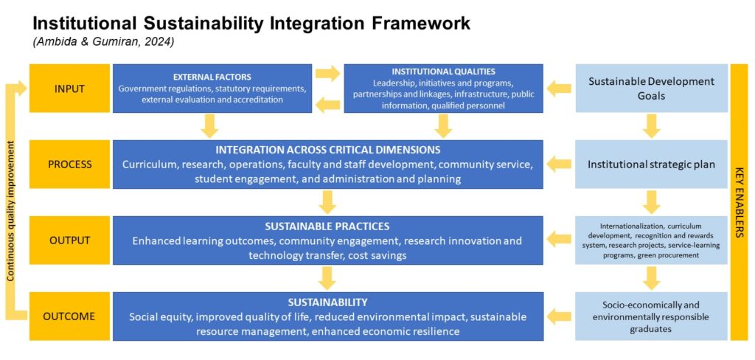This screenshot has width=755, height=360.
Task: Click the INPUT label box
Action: (x=69, y=89)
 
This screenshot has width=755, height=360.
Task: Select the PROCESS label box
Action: (x=69, y=165)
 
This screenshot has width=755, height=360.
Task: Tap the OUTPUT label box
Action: (x=69, y=240)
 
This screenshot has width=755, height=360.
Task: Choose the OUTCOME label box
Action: (x=69, y=316)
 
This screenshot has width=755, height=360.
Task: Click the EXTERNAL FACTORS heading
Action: (x=212, y=77)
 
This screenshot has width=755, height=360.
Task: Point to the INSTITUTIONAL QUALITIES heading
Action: (x=443, y=72)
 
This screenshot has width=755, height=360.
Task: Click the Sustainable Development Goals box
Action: (x=652, y=89)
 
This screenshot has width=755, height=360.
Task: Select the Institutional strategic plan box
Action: (x=652, y=165)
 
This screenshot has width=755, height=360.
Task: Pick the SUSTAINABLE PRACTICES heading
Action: (x=327, y=226)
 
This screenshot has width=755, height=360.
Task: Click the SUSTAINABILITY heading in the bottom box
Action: (x=327, y=302)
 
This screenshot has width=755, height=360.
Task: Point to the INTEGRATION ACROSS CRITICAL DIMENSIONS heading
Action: (x=327, y=150)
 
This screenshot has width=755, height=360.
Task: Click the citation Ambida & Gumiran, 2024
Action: (x=104, y=42)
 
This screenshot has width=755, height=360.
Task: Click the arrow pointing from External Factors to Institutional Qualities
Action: (x=327, y=73)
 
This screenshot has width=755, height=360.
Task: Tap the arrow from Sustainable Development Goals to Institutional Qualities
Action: (x=559, y=89)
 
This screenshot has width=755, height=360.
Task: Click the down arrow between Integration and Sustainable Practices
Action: (x=327, y=202)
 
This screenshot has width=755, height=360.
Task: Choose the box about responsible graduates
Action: (x=652, y=316)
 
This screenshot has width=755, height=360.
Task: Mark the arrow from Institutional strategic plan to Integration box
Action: (x=559, y=165)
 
